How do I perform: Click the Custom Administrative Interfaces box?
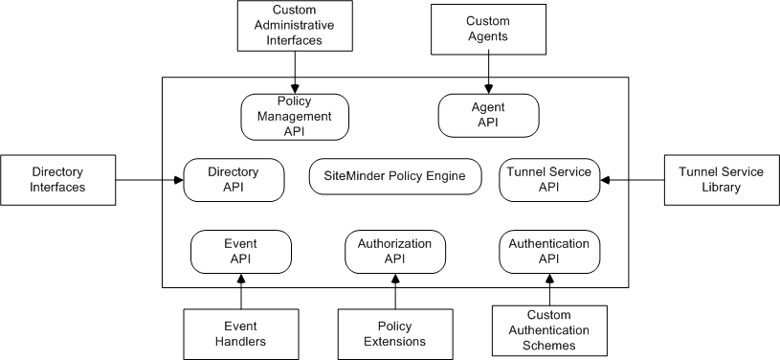294,27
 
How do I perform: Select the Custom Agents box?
488,28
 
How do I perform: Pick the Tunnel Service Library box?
721,179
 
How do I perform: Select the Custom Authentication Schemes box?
549,329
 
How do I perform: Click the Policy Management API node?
294,116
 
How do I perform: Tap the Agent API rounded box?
488,116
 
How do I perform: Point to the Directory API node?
234,179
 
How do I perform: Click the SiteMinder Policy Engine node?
395,177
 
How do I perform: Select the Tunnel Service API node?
549,179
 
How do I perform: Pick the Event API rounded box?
241,251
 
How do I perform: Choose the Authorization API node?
395,251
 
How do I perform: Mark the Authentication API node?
549,251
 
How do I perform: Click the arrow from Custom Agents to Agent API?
488,73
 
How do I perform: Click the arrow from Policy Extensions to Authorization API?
395,291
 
